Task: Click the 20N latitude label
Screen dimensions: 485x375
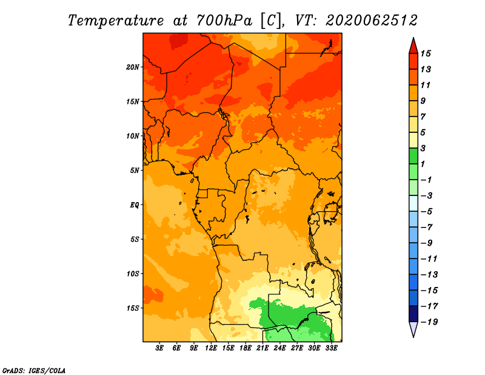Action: [x=133, y=67]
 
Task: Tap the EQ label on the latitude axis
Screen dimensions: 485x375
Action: [x=135, y=205]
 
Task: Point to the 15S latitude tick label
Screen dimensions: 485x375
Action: [x=133, y=308]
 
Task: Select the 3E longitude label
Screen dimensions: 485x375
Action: [x=159, y=348]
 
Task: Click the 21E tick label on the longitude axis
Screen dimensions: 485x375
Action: [x=263, y=348]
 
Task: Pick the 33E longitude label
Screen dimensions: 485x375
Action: [x=331, y=348]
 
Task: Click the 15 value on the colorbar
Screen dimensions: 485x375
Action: [x=426, y=53]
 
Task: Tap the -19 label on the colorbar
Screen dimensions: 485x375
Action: [x=429, y=322]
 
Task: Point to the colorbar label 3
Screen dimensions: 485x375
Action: [x=423, y=148]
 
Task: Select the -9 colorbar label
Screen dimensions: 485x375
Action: [x=427, y=243]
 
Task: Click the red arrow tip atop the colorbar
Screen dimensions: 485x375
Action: [x=413, y=38]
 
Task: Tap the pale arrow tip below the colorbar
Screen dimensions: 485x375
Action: [x=413, y=337]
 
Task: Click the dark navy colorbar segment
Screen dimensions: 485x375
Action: [x=413, y=314]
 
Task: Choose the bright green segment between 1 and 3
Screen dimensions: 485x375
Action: [x=413, y=156]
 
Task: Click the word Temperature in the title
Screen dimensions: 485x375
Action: [x=116, y=21]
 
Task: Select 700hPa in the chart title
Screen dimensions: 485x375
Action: [x=224, y=21]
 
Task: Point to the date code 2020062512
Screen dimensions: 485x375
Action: [x=372, y=21]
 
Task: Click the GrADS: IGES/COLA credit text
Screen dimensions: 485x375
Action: [x=34, y=371]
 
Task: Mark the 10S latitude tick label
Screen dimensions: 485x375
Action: [x=133, y=274]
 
